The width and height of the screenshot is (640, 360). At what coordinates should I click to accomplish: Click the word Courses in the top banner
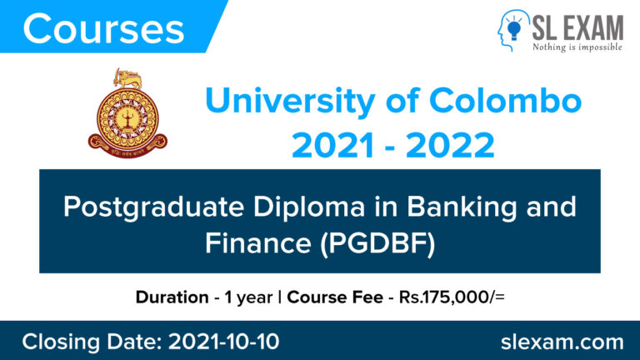click(103, 29)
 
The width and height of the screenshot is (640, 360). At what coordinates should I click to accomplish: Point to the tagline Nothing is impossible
click(577, 47)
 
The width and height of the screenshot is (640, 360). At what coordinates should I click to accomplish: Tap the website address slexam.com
click(563, 341)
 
